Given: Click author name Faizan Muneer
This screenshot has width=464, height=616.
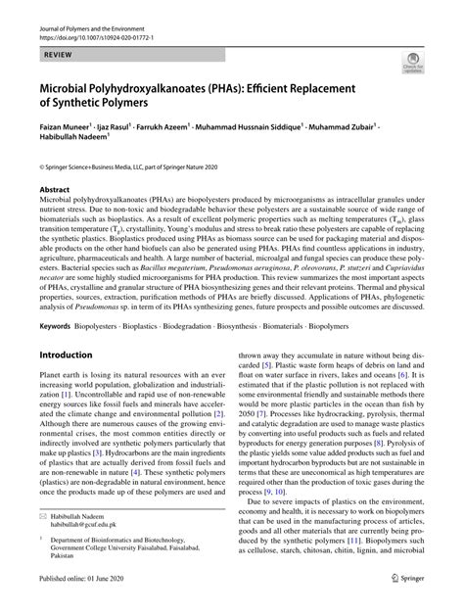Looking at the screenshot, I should tap(65, 127).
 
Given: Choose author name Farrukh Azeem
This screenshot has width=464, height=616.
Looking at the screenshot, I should tap(192, 127).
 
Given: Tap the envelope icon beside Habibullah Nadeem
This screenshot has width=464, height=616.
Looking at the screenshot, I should tap(45, 541).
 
